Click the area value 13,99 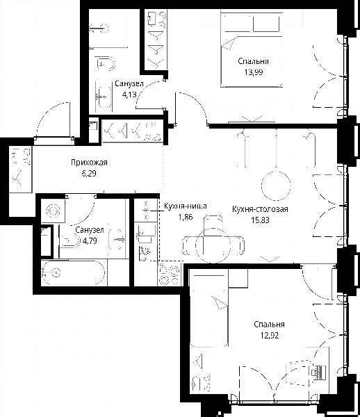click(x=254, y=72)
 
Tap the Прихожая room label click(x=89, y=162)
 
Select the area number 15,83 click(x=260, y=220)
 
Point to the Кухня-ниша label click(x=186, y=206)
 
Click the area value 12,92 click(x=270, y=336)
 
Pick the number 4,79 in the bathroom click(x=90, y=241)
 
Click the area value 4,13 click(x=129, y=95)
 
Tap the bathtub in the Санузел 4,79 click(x=73, y=273)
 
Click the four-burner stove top click(x=169, y=275)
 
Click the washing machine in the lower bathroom click(x=53, y=211)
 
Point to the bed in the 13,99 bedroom click(x=252, y=49)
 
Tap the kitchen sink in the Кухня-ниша click(x=145, y=234)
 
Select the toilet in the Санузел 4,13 click(x=106, y=64)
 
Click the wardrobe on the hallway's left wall click(x=20, y=169)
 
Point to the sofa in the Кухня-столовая click(x=277, y=149)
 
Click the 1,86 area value click(x=186, y=218)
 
